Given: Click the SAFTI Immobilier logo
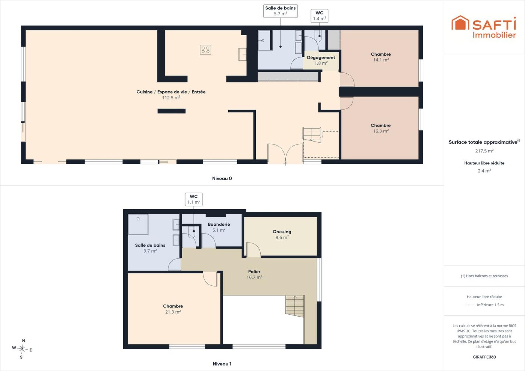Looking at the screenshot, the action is (484, 27).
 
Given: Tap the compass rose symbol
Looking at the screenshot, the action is (22, 349).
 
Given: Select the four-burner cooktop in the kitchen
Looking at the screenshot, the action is (205, 50).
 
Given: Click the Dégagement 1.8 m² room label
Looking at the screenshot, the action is (321, 60).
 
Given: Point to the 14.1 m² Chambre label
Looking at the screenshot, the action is (381, 57).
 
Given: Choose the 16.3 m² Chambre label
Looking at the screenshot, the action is (381, 128).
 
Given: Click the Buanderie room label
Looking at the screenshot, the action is (219, 227).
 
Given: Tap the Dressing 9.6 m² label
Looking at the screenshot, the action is (282, 234).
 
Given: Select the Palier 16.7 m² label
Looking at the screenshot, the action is (254, 274).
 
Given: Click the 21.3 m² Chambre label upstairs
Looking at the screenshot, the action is (173, 309).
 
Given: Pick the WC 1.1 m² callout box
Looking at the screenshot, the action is (194, 199).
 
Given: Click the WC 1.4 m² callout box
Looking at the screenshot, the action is (319, 16).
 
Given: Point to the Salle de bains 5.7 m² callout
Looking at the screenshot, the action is (280, 11).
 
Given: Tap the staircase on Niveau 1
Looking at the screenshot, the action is (295, 306).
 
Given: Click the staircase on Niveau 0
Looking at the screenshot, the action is (312, 135).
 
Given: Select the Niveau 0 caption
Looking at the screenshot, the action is (222, 178).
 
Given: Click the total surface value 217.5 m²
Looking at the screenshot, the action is (484, 151).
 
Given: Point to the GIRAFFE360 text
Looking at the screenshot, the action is (484, 357).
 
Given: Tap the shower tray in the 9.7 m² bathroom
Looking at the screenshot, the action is (138, 224).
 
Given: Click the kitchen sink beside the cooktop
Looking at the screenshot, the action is (243, 54).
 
